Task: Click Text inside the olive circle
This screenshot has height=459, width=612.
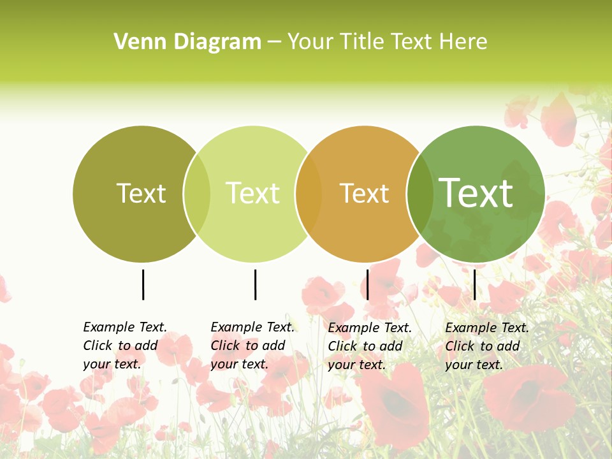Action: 141,193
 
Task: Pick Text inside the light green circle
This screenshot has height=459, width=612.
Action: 252,193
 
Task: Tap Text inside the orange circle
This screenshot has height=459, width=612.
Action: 364,193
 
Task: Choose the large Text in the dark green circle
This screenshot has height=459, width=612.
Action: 476,193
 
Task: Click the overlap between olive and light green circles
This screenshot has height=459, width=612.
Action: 197,194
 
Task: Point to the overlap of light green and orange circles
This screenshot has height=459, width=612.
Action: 309,194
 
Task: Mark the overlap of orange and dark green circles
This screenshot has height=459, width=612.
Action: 420,194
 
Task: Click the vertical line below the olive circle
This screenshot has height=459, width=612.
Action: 143,284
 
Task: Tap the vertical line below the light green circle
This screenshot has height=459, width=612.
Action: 255,284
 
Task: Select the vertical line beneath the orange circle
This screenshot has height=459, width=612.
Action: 368,284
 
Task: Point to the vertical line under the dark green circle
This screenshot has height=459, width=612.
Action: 474,284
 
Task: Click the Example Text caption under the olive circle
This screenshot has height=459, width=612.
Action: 124,346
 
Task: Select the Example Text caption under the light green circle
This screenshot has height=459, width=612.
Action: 252,346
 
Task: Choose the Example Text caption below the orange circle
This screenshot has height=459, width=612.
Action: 369,346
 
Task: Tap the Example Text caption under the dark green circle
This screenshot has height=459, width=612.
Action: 486,346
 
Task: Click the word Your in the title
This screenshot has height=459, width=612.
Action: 308,42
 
